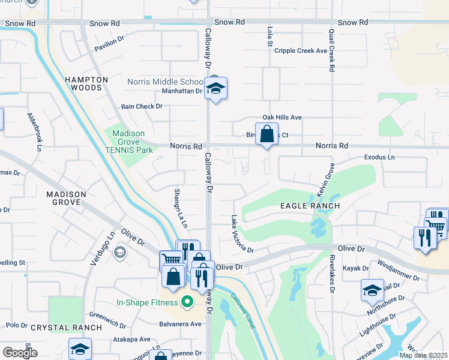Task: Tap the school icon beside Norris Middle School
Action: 215,89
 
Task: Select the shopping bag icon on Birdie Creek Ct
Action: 267,135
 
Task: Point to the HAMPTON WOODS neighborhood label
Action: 86,83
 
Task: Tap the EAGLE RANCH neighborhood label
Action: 310,206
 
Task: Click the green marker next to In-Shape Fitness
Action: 187,302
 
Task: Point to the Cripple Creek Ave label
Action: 301,51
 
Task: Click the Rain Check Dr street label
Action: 142,106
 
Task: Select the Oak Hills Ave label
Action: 282,118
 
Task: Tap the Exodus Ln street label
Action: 380,157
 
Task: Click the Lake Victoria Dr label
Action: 242,234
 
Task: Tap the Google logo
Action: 20,353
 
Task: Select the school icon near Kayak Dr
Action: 372,290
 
